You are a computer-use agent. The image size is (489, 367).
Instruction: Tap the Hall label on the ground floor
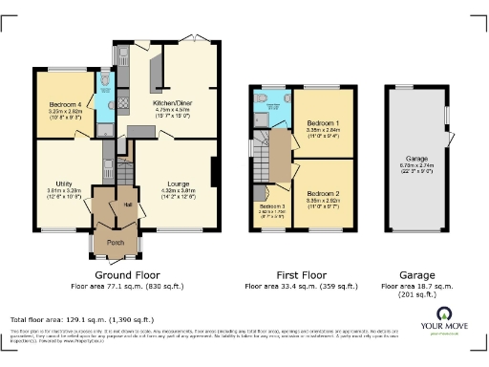126,203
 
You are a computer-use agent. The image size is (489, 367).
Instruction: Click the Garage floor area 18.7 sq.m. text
416,285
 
